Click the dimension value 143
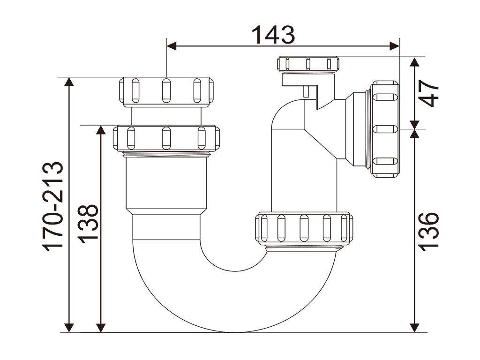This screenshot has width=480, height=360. point(274,35)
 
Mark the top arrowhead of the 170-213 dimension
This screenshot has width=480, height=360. point(69,82)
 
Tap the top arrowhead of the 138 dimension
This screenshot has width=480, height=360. point(100,130)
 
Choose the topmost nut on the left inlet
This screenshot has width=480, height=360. point(166,90)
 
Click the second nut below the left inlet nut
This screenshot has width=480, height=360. point(166,138)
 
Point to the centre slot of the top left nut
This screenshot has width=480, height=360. point(166,90)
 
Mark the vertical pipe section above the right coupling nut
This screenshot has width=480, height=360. point(304,183)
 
